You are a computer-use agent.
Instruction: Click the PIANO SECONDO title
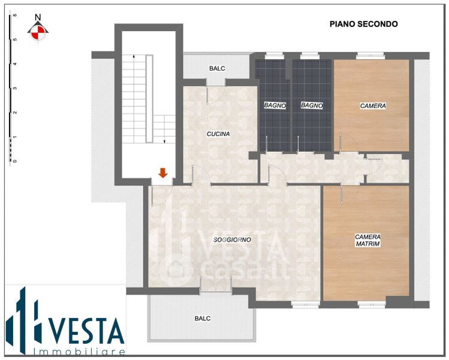click(x=363, y=24)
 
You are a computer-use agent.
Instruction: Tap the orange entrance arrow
click(x=163, y=173)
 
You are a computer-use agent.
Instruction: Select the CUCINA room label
click(x=218, y=134)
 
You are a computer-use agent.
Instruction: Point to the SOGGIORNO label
click(x=232, y=239)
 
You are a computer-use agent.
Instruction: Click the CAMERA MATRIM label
click(x=367, y=241)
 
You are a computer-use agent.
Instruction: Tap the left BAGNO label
click(x=275, y=106)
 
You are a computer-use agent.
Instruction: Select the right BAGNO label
click(x=312, y=106)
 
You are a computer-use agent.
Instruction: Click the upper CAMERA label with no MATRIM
click(x=373, y=106)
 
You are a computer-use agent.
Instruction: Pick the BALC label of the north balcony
click(x=217, y=68)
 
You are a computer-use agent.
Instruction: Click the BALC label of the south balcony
click(x=203, y=319)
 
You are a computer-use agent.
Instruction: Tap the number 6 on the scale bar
click(x=15, y=15)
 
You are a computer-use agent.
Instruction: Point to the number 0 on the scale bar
click(x=15, y=161)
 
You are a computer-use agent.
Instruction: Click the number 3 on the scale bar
click(x=15, y=88)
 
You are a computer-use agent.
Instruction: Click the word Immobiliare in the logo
click(x=79, y=352)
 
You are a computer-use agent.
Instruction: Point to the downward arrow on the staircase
click(x=164, y=129)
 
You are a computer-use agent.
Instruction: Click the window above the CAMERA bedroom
click(x=370, y=56)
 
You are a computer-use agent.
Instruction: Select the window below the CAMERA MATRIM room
click(x=372, y=304)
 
